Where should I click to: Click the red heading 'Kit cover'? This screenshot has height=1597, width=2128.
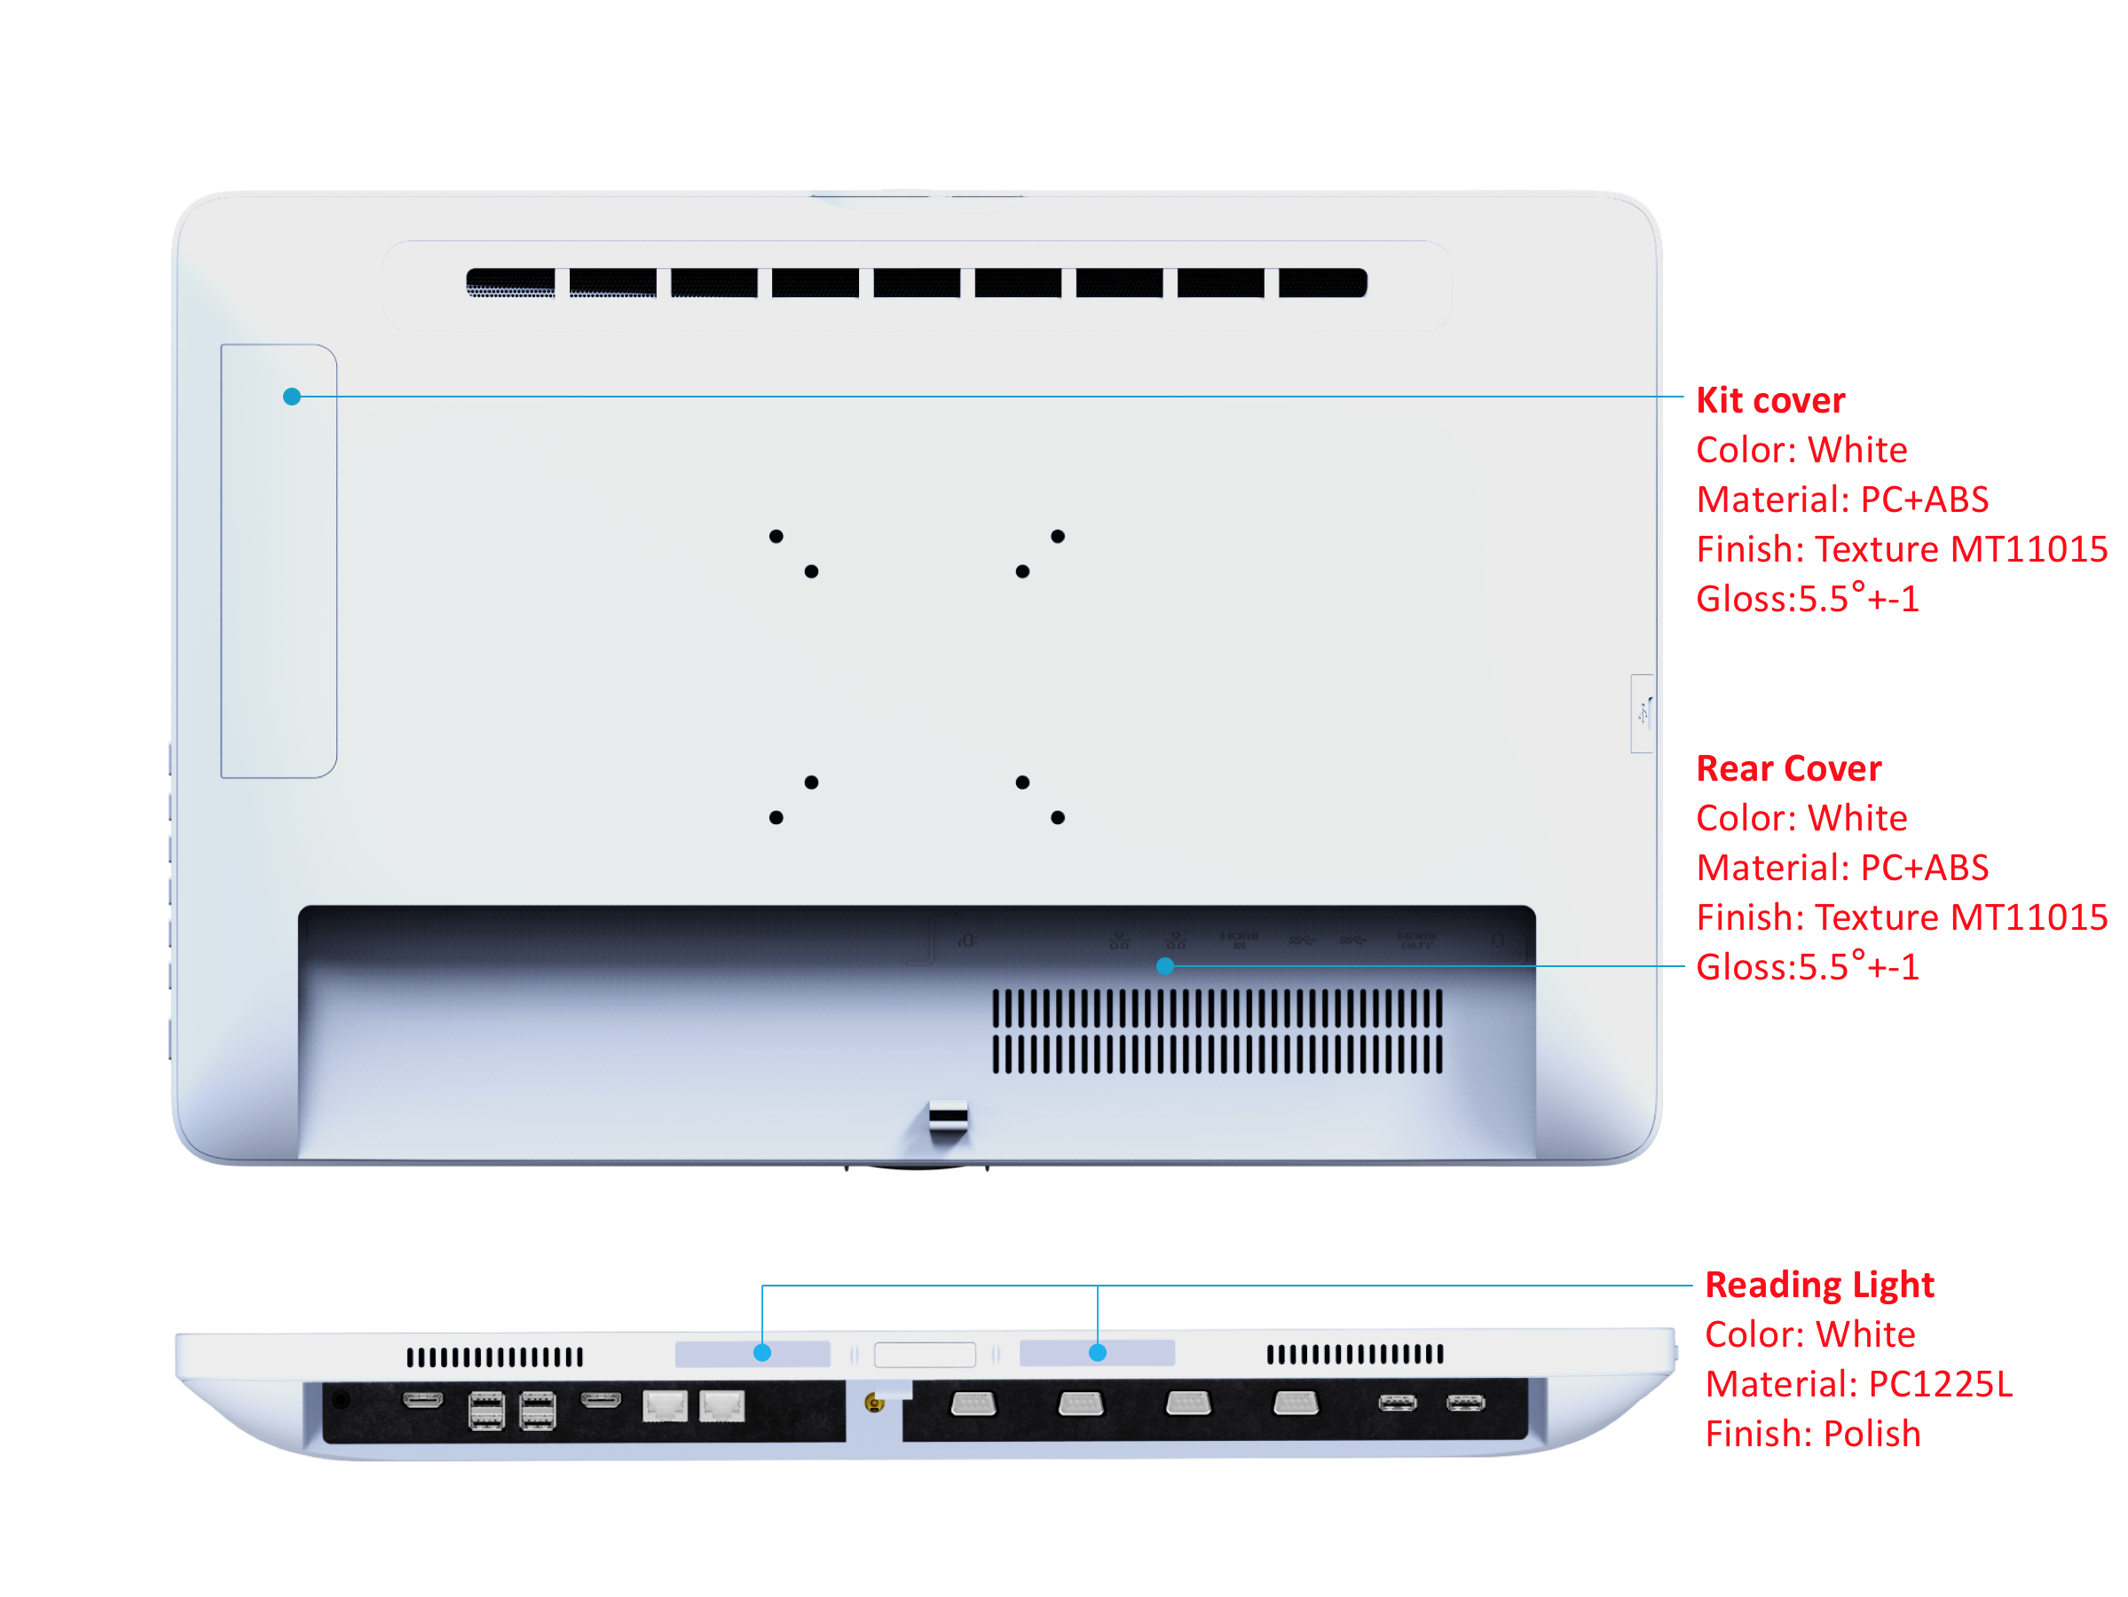tap(1770, 400)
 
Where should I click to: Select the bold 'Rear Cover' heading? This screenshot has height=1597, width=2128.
tap(1788, 768)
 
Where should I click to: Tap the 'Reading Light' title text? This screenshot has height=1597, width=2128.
tap(1819, 1286)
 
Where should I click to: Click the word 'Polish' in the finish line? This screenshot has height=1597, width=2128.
tap(1872, 1435)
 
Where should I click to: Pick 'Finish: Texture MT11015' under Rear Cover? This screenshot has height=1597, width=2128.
tap(1901, 917)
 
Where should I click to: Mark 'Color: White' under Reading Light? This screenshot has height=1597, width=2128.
tap(1809, 1335)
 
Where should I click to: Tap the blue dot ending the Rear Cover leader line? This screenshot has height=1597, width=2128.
tap(1165, 966)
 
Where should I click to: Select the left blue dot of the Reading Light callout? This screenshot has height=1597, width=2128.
tap(762, 1354)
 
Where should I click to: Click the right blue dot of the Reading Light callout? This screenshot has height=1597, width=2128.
tap(1098, 1354)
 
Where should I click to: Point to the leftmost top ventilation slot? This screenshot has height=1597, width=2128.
tap(511, 283)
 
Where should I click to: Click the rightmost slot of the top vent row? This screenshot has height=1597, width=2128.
tap(1322, 283)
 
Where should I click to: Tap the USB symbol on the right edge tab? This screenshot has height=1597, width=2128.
tap(1643, 712)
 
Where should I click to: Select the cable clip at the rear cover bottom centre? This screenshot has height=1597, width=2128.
tap(949, 1119)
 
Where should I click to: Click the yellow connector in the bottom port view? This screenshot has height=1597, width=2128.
tap(873, 1404)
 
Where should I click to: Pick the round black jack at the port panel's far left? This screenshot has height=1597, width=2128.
tap(341, 1400)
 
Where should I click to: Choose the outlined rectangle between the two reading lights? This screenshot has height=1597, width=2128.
tap(925, 1355)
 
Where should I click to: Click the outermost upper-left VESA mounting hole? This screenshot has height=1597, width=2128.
tap(776, 536)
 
